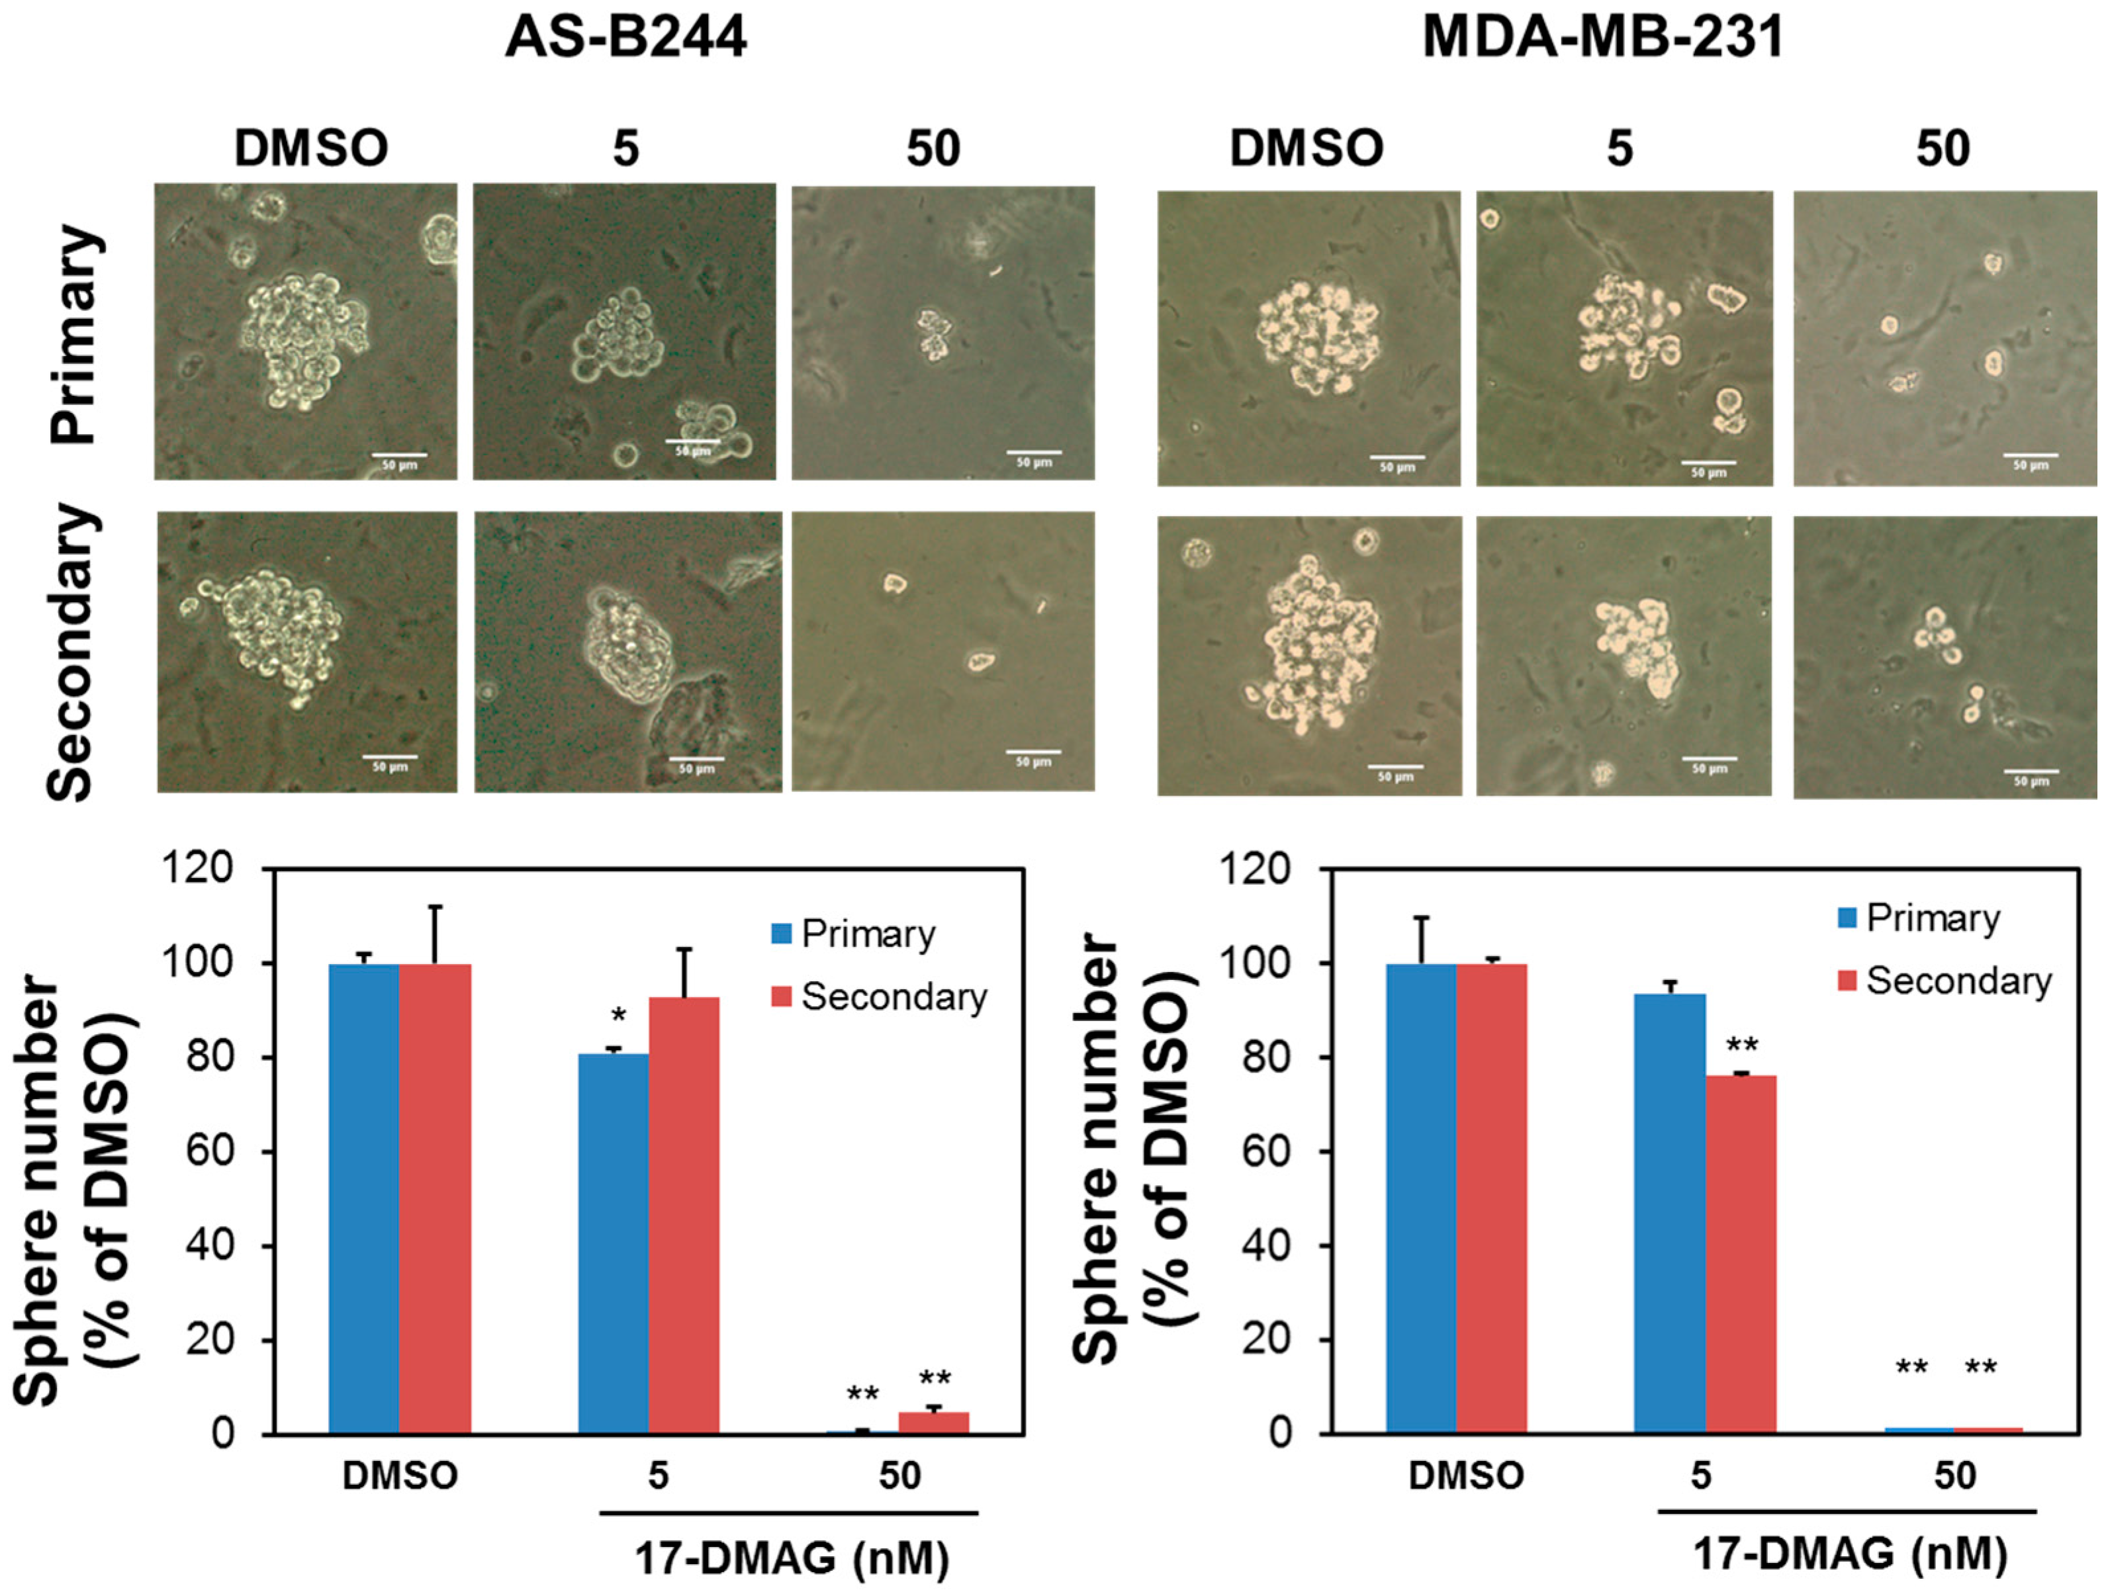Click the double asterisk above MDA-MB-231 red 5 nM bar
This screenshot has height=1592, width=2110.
pos(1742,1046)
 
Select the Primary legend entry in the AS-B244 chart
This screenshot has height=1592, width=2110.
pos(854,934)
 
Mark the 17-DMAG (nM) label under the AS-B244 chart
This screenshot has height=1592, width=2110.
pos(792,1558)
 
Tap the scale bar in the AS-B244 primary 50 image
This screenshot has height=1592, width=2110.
pos(1034,452)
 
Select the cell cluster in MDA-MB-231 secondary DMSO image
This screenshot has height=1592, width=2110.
pos(1312,648)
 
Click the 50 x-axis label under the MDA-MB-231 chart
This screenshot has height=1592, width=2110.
pos(1954,1476)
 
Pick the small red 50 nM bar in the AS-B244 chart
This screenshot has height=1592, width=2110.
pos(934,1422)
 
